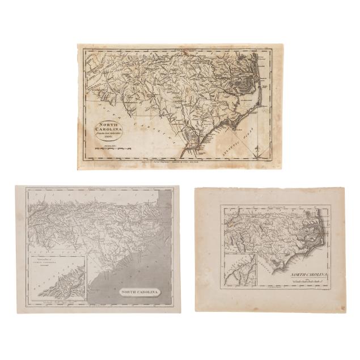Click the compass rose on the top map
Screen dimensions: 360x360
(258, 149)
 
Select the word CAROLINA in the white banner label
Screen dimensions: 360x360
(149, 292)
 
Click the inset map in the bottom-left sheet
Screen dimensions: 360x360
(57, 281)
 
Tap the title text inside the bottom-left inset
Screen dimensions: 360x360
(55, 264)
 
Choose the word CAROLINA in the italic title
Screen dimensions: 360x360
(314, 272)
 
